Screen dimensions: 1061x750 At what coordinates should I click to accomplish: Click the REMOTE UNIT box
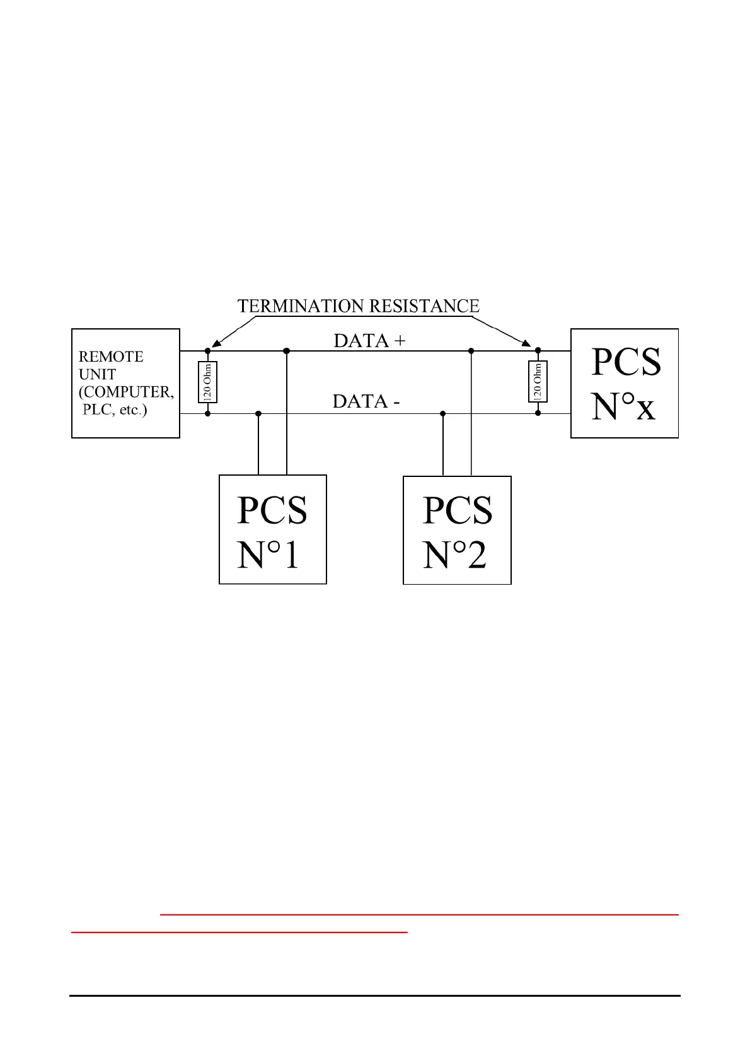(x=125, y=383)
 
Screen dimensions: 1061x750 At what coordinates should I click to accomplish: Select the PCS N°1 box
(x=272, y=529)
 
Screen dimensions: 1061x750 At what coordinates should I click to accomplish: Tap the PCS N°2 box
(x=457, y=530)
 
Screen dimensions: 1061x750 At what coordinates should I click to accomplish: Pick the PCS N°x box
(x=624, y=383)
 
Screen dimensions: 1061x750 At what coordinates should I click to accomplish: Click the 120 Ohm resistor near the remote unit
(x=208, y=382)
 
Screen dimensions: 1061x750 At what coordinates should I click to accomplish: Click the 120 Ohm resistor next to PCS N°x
(x=538, y=381)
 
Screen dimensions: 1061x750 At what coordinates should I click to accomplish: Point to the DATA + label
(x=369, y=341)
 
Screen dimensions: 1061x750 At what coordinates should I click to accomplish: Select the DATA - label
(x=366, y=401)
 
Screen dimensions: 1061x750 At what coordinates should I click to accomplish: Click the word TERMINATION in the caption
(x=301, y=306)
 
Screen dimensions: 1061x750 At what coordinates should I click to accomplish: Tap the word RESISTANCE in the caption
(x=424, y=306)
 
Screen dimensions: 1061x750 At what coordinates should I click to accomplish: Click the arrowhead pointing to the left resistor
(x=216, y=344)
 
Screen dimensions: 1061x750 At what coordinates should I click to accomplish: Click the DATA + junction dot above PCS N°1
(x=287, y=350)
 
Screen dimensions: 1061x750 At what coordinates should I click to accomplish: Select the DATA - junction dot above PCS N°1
(x=258, y=413)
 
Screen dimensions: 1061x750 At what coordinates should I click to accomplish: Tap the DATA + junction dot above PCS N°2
(x=471, y=350)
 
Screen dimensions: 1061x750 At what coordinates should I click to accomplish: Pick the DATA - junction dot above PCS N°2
(x=443, y=413)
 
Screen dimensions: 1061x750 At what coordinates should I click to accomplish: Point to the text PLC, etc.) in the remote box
(x=115, y=410)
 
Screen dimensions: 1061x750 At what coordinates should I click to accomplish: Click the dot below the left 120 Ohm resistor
(x=208, y=413)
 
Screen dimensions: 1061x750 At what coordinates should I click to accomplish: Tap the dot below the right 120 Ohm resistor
(x=538, y=413)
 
